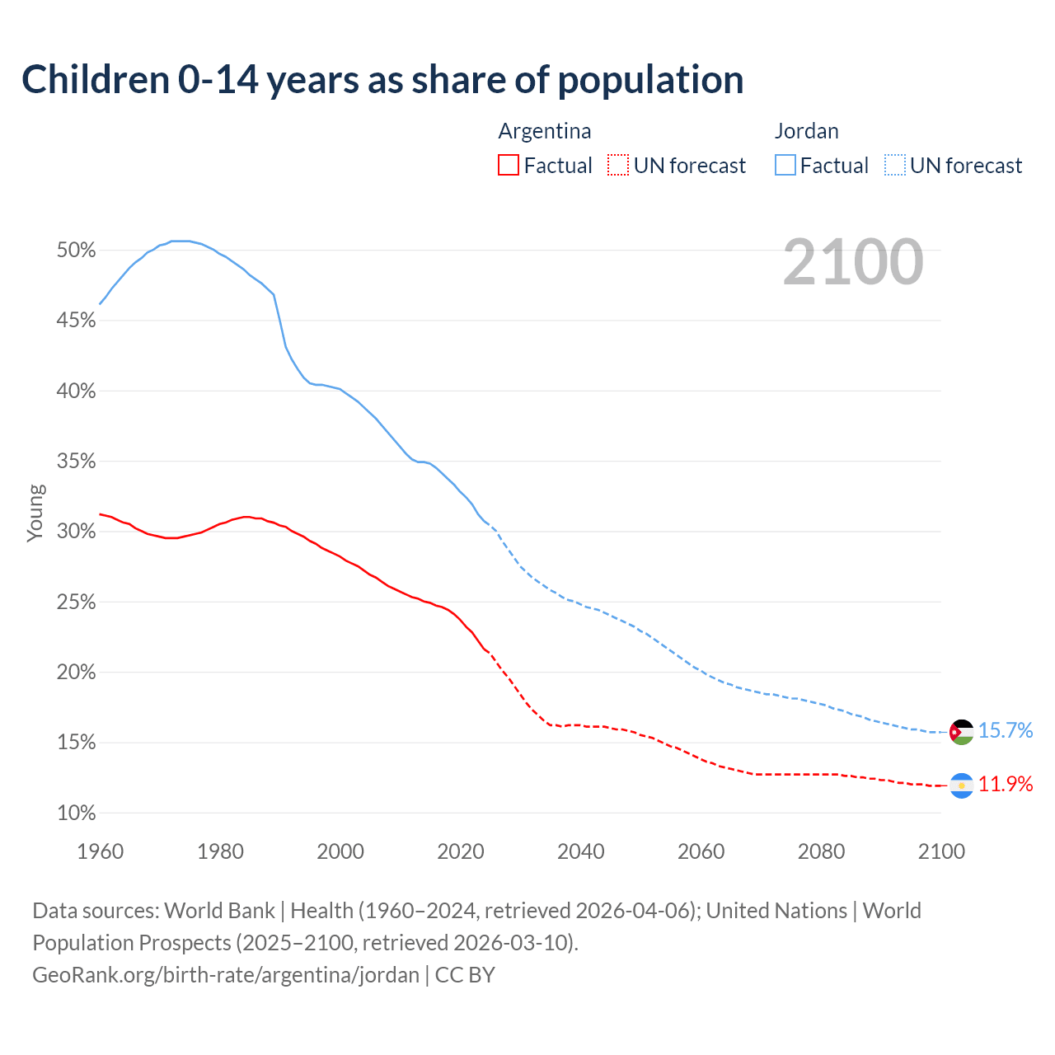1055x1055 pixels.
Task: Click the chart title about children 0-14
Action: [382, 80]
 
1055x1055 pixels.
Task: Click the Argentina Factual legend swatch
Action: [509, 166]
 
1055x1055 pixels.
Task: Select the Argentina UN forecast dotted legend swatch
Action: [618, 166]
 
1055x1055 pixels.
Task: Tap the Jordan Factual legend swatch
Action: [785, 166]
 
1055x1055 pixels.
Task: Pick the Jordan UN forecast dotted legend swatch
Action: [894, 166]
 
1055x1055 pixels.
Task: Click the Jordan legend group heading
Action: [806, 131]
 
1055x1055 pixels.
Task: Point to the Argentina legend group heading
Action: [545, 131]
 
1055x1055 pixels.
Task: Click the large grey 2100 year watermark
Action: [853, 262]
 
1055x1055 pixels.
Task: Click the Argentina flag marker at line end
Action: [961, 785]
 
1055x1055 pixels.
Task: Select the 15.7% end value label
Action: [1006, 731]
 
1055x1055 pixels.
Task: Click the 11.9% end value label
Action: [1006, 785]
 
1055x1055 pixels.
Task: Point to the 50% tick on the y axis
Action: [77, 250]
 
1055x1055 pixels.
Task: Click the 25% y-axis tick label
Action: [77, 603]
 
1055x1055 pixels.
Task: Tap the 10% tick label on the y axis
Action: [77, 814]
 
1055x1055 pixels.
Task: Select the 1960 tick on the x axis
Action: [101, 851]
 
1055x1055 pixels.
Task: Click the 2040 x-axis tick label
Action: [581, 851]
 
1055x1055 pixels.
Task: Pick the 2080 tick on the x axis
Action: [821, 851]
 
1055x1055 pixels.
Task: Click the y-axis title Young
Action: [35, 513]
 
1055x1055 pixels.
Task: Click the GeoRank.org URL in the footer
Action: [226, 975]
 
